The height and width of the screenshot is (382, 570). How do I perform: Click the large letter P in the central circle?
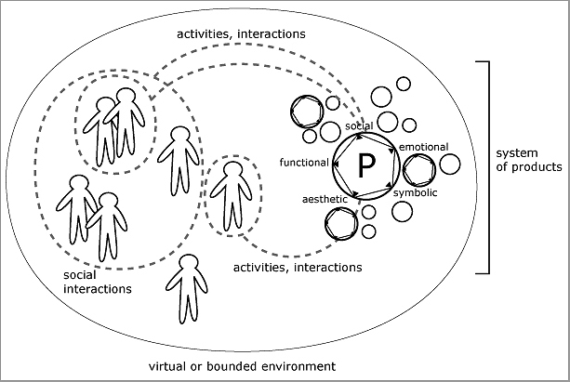366,165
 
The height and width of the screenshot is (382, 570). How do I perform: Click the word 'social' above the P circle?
359,125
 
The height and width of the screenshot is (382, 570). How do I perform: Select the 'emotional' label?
423,147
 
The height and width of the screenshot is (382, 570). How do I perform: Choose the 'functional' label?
304,163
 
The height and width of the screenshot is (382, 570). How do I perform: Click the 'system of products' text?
528,161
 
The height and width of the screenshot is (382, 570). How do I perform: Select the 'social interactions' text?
97,283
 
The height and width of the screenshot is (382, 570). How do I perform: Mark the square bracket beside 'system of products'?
484,167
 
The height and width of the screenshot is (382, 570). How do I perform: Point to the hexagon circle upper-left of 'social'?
304,112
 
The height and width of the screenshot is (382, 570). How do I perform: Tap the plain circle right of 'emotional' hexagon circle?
449,165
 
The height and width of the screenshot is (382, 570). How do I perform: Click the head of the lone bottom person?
190,263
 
